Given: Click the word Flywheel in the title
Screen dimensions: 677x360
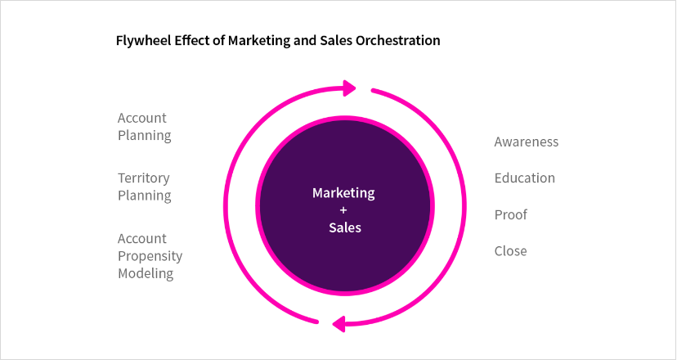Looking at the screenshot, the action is click(x=144, y=41).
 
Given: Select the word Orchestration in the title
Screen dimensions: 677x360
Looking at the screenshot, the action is click(x=397, y=41).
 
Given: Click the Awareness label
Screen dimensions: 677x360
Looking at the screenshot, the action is click(x=527, y=142).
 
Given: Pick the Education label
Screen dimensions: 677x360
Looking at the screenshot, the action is click(x=525, y=178).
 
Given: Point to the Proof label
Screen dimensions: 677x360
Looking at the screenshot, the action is click(x=511, y=215).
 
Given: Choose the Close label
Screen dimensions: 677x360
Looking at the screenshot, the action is click(x=510, y=251).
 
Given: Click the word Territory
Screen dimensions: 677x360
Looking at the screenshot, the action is click(x=144, y=178).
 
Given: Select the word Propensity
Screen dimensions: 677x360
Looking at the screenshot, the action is click(x=150, y=256).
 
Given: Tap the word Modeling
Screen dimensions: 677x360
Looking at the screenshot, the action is click(x=146, y=273).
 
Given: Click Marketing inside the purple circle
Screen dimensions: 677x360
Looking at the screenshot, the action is click(x=343, y=193).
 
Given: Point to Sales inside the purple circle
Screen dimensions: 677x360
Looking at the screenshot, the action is click(x=345, y=227).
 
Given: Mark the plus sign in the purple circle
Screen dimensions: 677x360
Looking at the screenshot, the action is click(x=343, y=210).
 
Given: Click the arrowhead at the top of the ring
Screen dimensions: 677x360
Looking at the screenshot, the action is click(x=349, y=88).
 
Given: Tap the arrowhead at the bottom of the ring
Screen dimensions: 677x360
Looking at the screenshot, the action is click(x=339, y=324).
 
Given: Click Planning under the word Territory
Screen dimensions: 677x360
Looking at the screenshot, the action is click(x=145, y=196).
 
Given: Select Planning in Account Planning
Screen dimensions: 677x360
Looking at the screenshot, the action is click(x=145, y=136).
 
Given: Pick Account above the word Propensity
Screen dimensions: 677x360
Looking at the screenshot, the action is click(x=142, y=239).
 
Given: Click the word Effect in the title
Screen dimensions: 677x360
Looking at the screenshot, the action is click(x=191, y=41).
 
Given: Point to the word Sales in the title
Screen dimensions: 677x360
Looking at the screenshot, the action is click(x=336, y=41).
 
